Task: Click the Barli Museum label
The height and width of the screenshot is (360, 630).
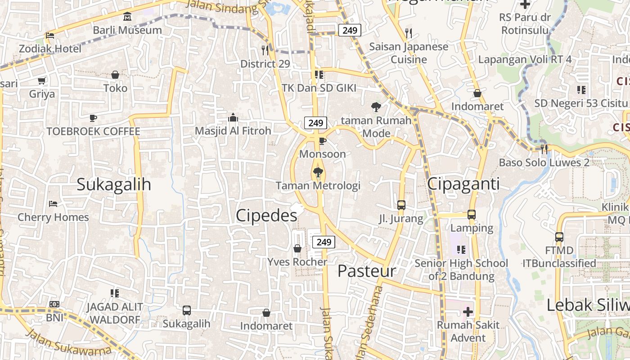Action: coord(127,30)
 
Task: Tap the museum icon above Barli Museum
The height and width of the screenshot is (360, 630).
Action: coord(127,17)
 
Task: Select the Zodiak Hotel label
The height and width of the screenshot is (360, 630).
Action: coord(50,48)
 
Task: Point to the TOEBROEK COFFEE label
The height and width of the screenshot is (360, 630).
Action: coord(93,131)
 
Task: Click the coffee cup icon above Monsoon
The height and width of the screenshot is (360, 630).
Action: coord(322,141)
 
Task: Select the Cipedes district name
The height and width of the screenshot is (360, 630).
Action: coord(266,216)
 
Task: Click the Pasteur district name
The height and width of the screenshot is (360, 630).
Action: coord(367,271)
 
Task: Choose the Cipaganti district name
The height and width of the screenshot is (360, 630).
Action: coord(463,184)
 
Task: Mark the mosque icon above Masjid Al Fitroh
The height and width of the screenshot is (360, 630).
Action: coord(233,118)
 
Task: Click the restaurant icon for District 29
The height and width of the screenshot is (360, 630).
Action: coord(265,50)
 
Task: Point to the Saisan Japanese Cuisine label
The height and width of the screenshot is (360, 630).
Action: coord(409,53)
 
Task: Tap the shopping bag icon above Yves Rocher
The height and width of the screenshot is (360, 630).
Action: coord(297,248)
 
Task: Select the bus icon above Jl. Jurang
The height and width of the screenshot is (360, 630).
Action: coord(401,205)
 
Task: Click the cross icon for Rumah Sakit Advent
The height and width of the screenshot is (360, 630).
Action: coord(468,311)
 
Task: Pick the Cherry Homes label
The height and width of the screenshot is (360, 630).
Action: coord(53,217)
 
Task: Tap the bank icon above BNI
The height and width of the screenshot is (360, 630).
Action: coord(54,305)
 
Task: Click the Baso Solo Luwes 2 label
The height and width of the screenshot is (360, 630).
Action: coord(544,162)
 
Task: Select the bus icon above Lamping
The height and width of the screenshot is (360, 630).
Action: coord(472,215)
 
